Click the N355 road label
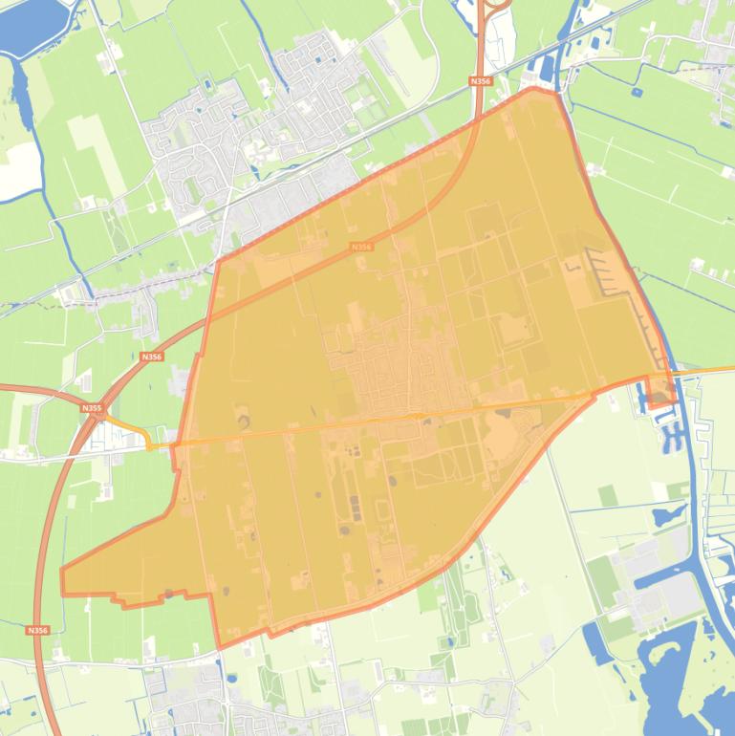click(x=92, y=408)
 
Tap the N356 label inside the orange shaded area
click(x=360, y=247)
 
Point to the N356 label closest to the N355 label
click(x=151, y=357)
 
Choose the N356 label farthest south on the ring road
click(x=37, y=631)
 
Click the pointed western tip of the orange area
click(x=63, y=574)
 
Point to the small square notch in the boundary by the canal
click(x=660, y=391)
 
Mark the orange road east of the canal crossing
click(x=707, y=369)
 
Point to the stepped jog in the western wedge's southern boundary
click(x=119, y=600)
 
